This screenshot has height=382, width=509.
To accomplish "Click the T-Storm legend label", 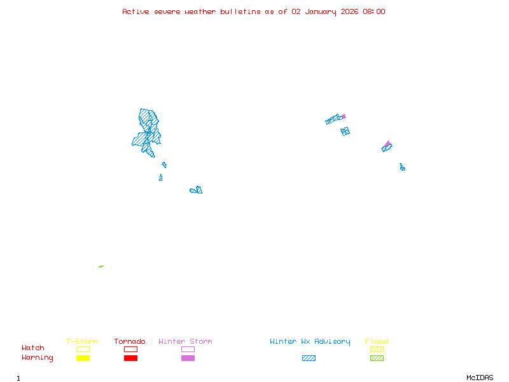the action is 82,342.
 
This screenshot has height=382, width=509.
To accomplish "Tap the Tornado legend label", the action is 130,342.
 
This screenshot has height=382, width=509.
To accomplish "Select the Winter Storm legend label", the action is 185,342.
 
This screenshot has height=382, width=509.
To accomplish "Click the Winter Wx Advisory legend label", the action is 310,342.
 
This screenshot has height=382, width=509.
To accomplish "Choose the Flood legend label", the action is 377,342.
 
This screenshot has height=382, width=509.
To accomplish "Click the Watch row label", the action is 33,348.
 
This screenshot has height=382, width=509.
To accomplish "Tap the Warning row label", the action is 38,358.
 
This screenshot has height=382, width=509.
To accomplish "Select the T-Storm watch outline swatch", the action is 83,349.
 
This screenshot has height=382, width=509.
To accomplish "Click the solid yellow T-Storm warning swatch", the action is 83,358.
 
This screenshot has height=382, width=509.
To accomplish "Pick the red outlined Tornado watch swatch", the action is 130,349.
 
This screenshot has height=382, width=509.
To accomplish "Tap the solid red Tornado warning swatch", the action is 130,358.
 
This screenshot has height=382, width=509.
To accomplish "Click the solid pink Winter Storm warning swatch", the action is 188,358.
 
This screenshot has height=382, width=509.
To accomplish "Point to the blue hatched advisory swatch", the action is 309,358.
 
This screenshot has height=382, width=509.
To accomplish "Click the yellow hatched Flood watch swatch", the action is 377,349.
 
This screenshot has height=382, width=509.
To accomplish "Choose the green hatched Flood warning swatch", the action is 377,358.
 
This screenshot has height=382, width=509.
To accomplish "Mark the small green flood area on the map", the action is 101,266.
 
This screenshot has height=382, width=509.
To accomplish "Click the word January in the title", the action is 317,11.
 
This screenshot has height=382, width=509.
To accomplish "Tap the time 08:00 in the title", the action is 374,11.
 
